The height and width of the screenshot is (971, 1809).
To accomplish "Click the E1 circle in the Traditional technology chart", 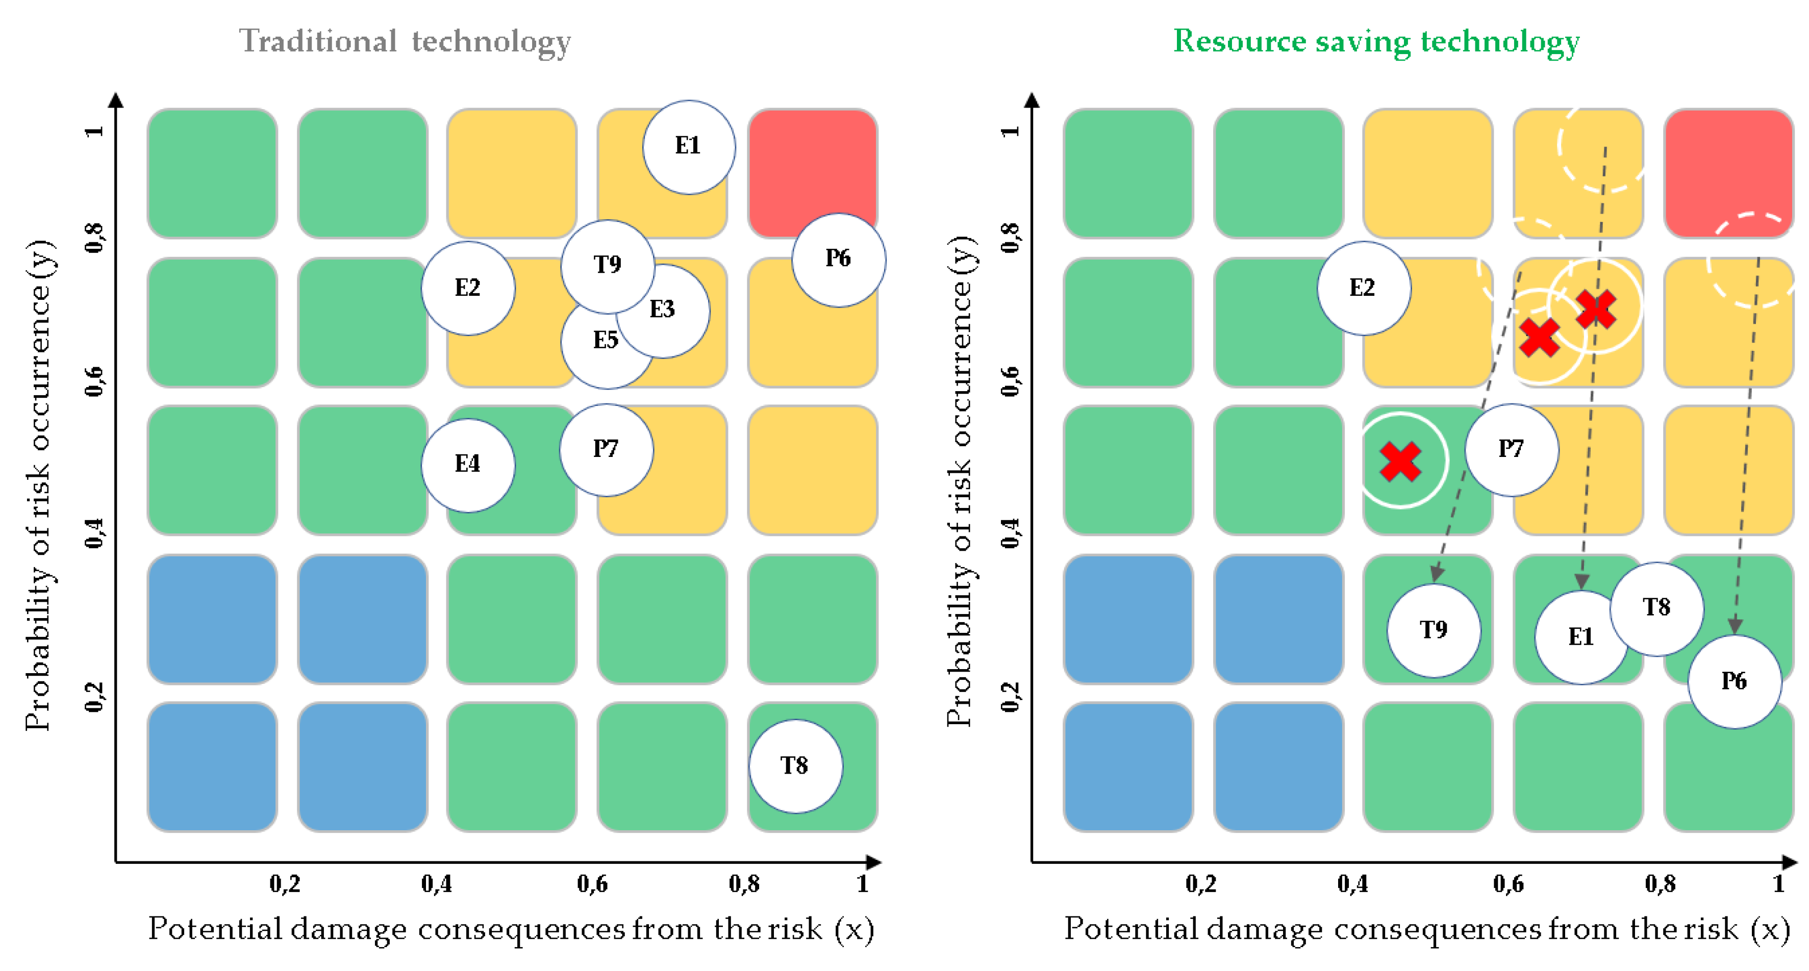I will tap(689, 147).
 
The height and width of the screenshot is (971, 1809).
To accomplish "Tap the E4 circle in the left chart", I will tap(468, 465).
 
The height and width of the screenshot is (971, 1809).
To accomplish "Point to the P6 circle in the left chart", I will tap(839, 260).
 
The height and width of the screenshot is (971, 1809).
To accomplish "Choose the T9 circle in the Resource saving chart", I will tap(1434, 630).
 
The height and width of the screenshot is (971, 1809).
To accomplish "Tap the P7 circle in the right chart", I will tap(1511, 449).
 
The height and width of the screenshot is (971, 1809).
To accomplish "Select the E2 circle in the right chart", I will tap(1363, 288).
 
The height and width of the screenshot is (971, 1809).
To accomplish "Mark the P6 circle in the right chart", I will tap(1734, 681).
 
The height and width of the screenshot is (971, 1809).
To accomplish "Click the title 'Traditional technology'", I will tap(405, 41).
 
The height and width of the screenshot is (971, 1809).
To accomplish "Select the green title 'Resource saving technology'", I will tap(1376, 41).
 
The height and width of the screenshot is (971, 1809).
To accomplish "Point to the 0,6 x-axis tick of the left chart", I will tap(592, 883).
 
